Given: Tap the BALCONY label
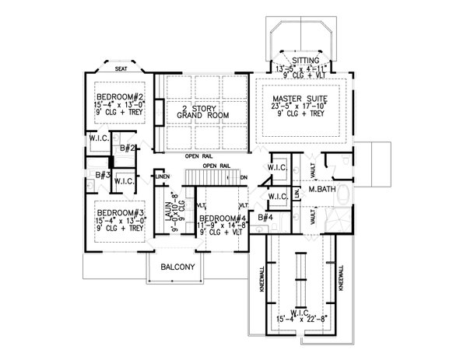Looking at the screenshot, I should (x=178, y=267).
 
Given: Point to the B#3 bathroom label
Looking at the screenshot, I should (x=101, y=176).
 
